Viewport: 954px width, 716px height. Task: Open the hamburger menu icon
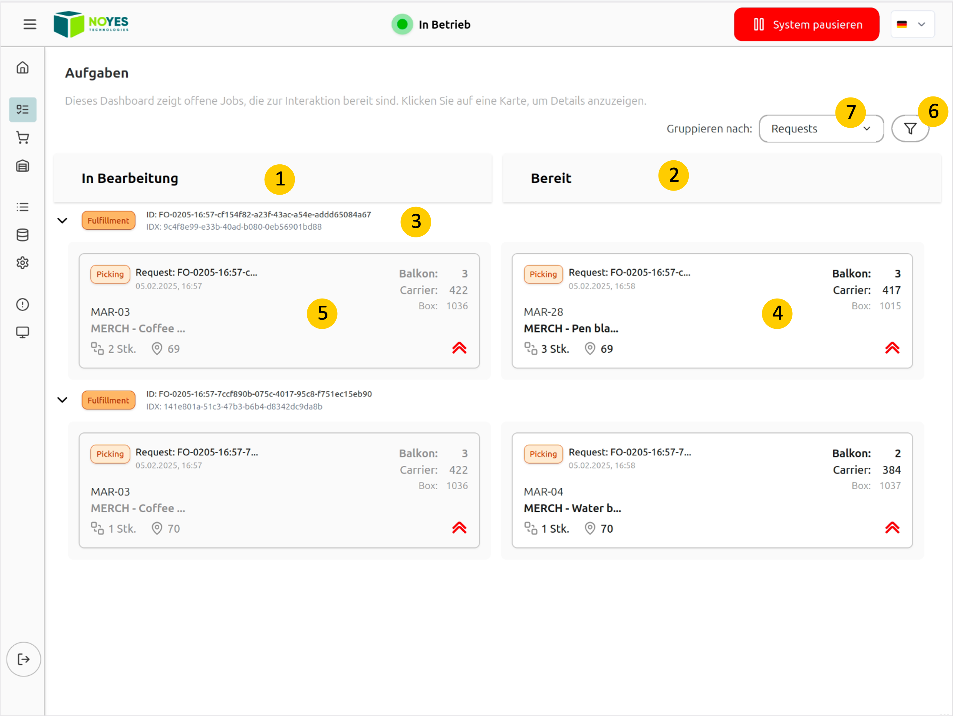pyautogui.click(x=30, y=24)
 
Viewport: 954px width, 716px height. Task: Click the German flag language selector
pyautogui.click(x=912, y=24)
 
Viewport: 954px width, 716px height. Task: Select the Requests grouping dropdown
pyautogui.click(x=821, y=128)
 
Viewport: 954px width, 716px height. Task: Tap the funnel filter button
pyautogui.click(x=910, y=128)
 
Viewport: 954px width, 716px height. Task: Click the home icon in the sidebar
pyautogui.click(x=22, y=68)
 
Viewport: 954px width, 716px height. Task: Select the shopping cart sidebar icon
pyautogui.click(x=22, y=138)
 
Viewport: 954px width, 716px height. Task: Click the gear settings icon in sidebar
pyautogui.click(x=22, y=263)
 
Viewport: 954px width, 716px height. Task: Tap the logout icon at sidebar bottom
pyautogui.click(x=24, y=659)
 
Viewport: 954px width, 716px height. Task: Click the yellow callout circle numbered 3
pyautogui.click(x=416, y=222)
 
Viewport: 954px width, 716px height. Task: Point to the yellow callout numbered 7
pyautogui.click(x=850, y=112)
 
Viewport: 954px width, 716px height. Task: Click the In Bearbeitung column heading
pyautogui.click(x=130, y=178)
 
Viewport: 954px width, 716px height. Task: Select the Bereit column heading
pyautogui.click(x=551, y=178)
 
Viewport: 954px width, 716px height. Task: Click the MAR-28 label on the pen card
pyautogui.click(x=543, y=312)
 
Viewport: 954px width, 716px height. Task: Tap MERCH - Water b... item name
pyautogui.click(x=572, y=508)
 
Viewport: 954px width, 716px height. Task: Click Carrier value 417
pyautogui.click(x=891, y=290)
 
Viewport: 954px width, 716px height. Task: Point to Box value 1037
pyautogui.click(x=890, y=486)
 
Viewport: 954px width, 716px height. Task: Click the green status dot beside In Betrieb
pyautogui.click(x=402, y=24)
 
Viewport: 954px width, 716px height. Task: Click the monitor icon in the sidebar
pyautogui.click(x=22, y=333)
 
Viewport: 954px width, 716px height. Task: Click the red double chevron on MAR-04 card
pyautogui.click(x=892, y=527)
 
